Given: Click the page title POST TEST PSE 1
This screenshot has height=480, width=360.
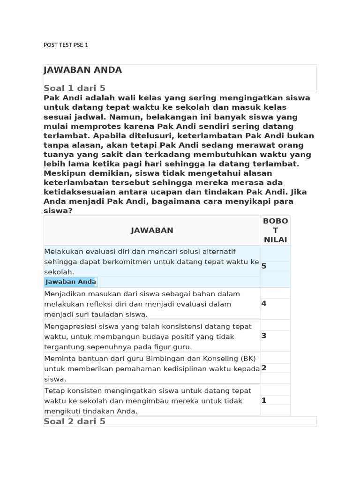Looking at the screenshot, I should click(66, 45).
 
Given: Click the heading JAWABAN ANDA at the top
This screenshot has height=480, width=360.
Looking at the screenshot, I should click(82, 70).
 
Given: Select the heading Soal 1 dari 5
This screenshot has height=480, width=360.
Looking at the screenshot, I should click(75, 88).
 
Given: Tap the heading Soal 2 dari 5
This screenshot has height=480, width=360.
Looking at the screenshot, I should click(75, 421).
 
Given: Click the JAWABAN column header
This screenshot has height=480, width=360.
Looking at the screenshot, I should click(152, 230).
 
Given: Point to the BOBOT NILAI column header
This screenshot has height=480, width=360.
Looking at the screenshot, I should click(276, 230).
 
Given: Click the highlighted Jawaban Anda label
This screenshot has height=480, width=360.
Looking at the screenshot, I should click(71, 282).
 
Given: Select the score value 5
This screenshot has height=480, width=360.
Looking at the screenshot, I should click(264, 266).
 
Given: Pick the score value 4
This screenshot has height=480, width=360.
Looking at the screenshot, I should click(264, 304).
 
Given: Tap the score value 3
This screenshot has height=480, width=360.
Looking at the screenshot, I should click(264, 336).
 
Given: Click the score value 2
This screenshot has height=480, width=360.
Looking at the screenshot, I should click(264, 368).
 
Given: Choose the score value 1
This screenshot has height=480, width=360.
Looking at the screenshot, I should click(264, 400).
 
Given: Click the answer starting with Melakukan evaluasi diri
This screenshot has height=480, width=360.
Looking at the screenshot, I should click(151, 262).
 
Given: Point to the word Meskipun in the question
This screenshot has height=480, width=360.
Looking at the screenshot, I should click(64, 173).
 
